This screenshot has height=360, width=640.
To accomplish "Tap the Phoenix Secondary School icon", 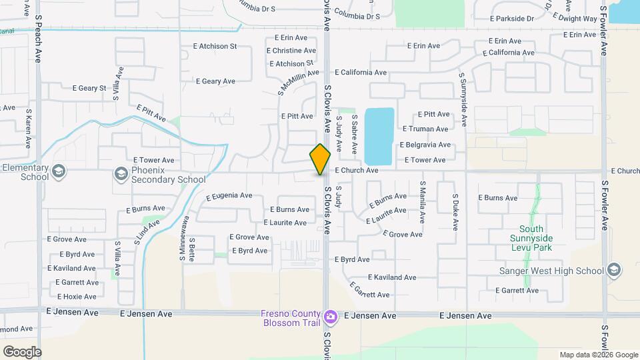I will pos(121,175).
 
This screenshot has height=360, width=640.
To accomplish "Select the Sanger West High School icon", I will pos(614,270).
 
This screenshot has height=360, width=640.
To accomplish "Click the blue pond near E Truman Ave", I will pos(379,135).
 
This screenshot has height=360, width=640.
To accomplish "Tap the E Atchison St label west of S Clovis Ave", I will pos(215,47).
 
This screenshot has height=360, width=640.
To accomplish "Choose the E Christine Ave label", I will pos(291,51).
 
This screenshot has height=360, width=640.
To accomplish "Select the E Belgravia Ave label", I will pos(425,145).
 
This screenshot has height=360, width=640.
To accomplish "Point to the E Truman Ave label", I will pos(425,129).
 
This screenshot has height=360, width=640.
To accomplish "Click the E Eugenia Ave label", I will pos(229,197).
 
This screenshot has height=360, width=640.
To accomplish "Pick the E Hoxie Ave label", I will pos(77,297).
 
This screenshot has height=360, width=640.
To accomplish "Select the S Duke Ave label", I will pos(455,211).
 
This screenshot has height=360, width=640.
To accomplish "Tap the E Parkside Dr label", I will pos(512,19).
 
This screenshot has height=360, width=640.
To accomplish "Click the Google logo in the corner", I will pos(22,351).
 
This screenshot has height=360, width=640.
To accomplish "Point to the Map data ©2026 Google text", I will pos(597,355).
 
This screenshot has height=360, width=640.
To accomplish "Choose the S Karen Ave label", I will pos(29,130).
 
